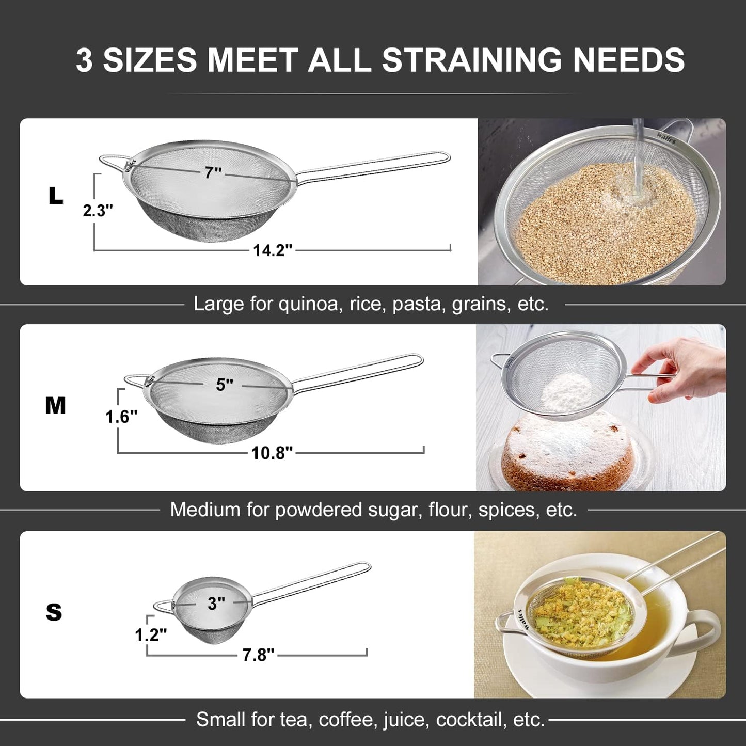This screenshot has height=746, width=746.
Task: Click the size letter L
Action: coord(55,196)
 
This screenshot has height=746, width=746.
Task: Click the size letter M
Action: coord(55,406)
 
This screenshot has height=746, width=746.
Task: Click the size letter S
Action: coord(54,612)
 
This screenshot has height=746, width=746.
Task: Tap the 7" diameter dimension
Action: coord(213,172)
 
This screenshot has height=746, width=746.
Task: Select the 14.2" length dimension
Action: coord(273,250)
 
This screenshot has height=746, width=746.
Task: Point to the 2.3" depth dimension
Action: coord(98,211)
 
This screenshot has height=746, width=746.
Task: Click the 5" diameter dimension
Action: coord(225,385)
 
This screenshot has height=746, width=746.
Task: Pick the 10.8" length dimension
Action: coord(272,453)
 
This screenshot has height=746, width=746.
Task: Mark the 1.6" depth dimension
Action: coord(121,417)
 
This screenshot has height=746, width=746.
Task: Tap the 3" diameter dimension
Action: coord(216,603)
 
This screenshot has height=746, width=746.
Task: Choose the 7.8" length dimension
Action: coord(258,655)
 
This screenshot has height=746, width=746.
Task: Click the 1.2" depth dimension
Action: coord(151,635)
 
